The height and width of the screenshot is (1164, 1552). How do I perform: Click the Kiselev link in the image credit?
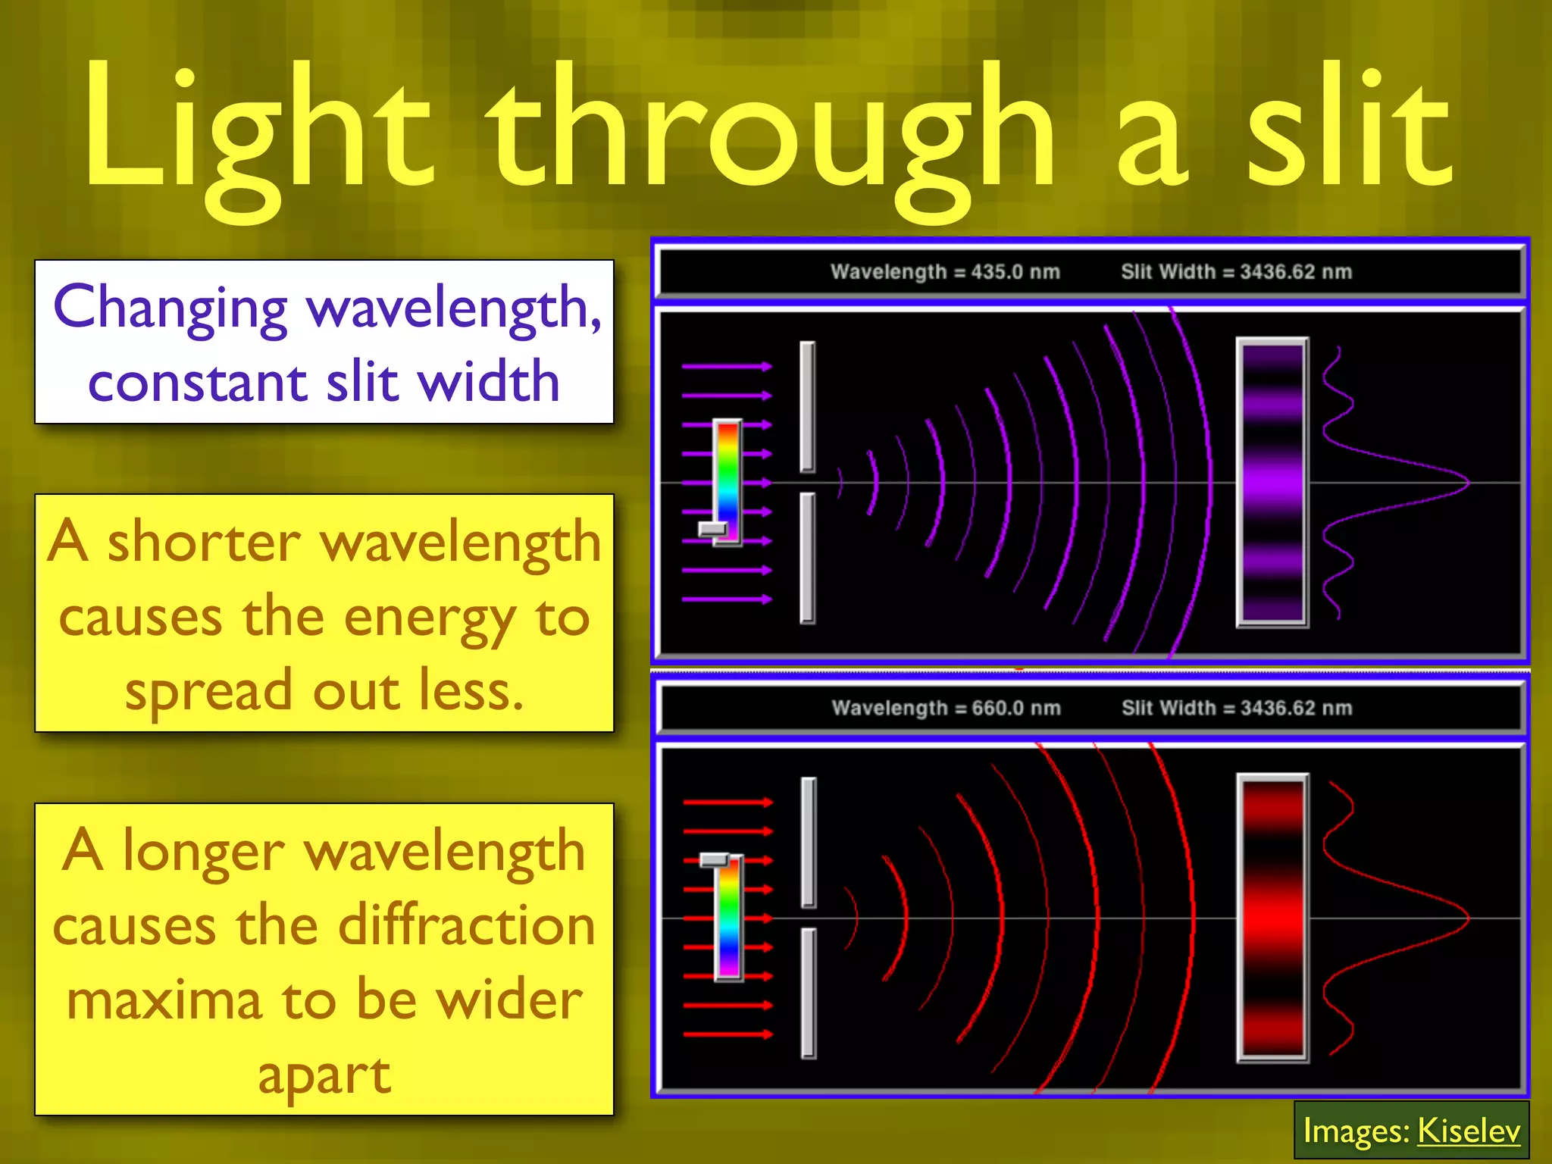coord(1468,1131)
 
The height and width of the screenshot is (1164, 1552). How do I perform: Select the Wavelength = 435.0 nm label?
coord(945,271)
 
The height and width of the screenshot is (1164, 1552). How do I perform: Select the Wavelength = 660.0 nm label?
coord(946,708)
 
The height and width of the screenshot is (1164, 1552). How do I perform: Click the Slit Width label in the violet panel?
coord(1236,271)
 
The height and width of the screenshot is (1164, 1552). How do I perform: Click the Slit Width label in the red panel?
coord(1237,708)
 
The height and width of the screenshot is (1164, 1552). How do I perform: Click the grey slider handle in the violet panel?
coord(712,528)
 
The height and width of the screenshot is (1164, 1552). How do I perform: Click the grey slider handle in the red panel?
coord(714,860)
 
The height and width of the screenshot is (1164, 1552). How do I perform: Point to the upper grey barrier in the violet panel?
coord(808,406)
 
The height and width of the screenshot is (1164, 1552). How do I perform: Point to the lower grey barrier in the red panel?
coord(809,993)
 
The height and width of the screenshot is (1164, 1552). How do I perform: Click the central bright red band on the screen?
coord(1272,918)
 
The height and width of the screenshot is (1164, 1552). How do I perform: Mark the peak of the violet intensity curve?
coord(1467,482)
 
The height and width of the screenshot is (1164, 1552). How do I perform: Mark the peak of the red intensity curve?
coord(1467,918)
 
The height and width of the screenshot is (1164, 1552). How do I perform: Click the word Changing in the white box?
coord(171,309)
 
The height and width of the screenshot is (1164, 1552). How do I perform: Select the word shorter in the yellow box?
coord(205,543)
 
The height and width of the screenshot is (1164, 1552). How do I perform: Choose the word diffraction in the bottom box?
coord(466,926)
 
